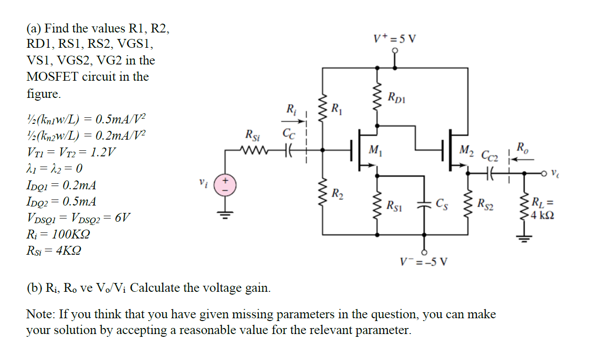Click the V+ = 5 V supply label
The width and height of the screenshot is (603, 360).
pyautogui.click(x=395, y=39)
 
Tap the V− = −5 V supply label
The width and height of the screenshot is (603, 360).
pyautogui.click(x=424, y=262)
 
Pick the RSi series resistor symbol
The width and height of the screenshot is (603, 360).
pyautogui.click(x=252, y=150)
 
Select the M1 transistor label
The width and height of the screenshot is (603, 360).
pyautogui.click(x=374, y=149)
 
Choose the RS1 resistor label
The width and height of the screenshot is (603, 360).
pyautogui.click(x=395, y=204)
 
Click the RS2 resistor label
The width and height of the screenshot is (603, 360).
pyautogui.click(x=486, y=203)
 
